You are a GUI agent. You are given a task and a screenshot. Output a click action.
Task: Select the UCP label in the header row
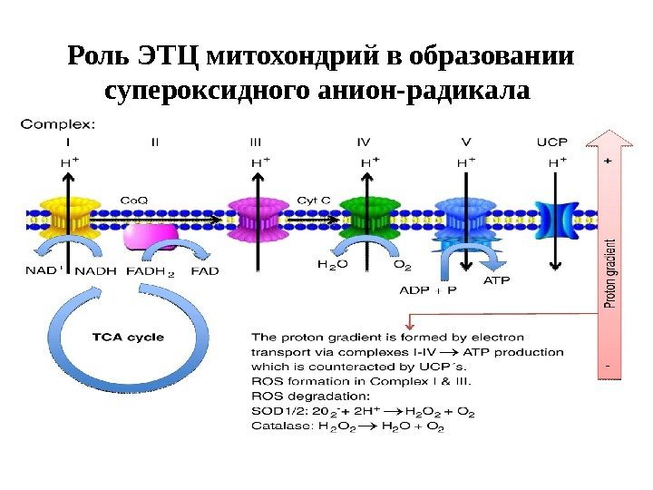tap(552, 142)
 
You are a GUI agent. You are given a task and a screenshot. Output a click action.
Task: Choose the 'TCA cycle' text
tap(129, 338)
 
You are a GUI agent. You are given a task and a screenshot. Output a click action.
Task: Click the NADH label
tap(94, 269)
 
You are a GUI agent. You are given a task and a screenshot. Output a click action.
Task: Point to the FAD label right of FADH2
tap(205, 269)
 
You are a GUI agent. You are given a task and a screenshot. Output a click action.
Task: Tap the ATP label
tap(495, 281)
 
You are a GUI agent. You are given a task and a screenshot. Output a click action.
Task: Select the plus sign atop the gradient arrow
tap(608, 159)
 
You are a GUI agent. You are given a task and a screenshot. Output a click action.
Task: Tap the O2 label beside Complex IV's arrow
tap(402, 265)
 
